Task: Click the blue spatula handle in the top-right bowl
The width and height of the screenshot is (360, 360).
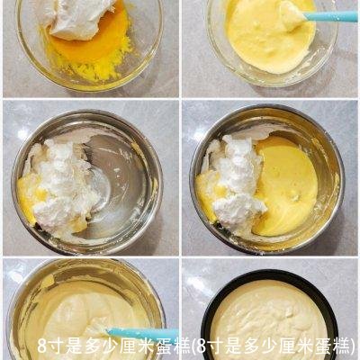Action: tap(333, 16)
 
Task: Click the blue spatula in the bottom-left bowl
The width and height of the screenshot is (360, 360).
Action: tap(135, 334)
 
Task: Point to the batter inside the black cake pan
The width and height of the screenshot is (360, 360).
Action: tap(270, 310)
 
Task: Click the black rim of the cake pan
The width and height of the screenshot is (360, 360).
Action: tap(209, 297)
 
